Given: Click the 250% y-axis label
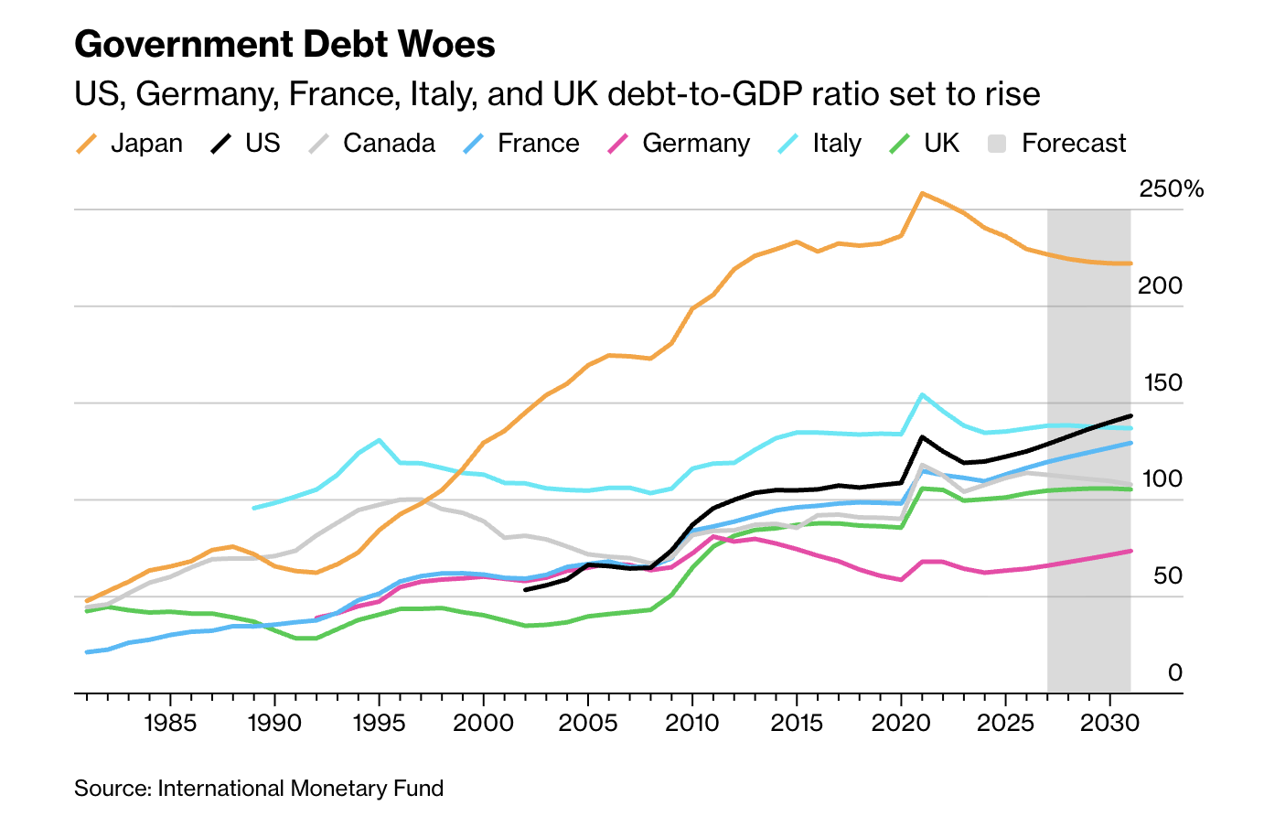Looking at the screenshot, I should [1171, 189].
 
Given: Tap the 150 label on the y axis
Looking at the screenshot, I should [1162, 383].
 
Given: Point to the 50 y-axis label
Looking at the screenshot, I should [1168, 576].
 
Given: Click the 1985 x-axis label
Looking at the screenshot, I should [170, 724].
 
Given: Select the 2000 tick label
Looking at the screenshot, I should [483, 724].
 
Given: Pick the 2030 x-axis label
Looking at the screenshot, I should [1109, 724].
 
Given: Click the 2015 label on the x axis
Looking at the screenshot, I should [797, 724].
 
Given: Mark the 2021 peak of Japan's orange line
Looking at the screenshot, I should [922, 194].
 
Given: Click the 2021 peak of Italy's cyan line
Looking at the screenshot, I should [922, 395].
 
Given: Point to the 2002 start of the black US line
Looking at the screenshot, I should [525, 590].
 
